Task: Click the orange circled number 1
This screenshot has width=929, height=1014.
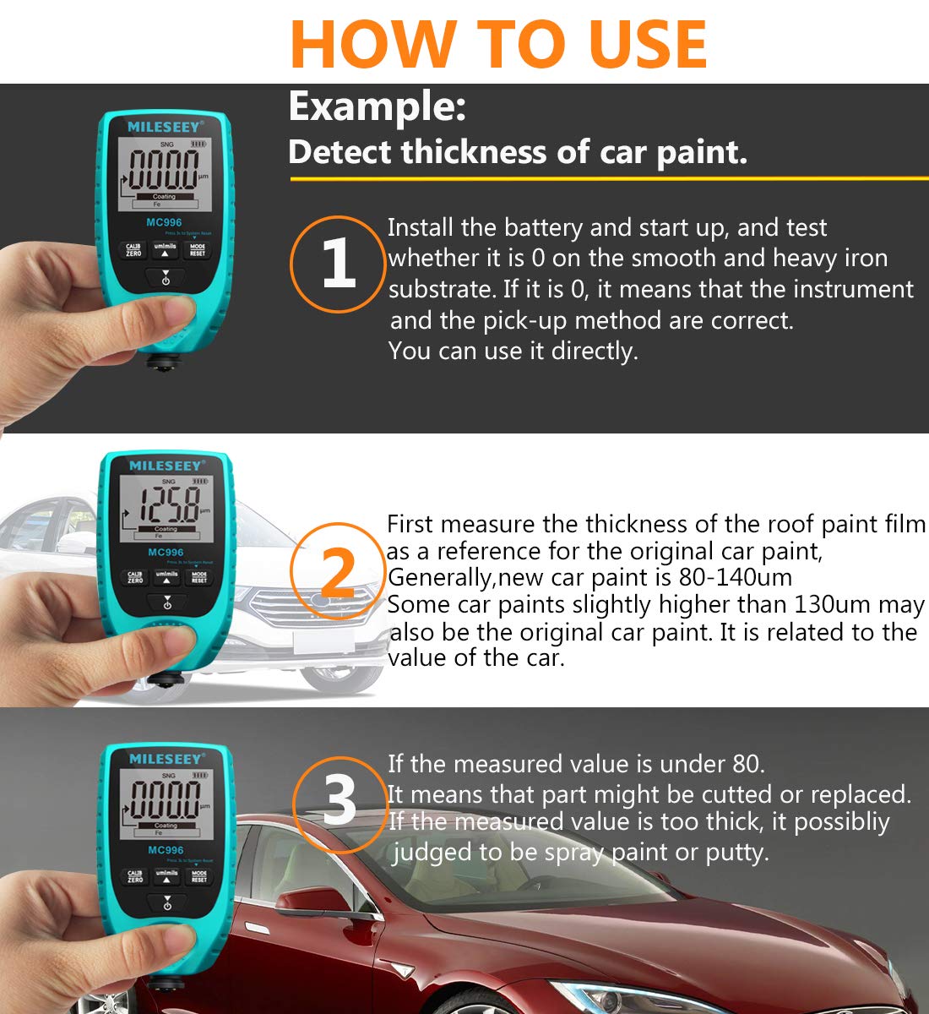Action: [339, 264]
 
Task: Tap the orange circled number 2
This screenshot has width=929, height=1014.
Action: [339, 573]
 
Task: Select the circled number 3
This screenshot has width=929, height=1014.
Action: [340, 801]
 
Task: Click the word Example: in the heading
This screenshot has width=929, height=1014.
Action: [377, 107]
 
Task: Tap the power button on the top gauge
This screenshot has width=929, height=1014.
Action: [166, 278]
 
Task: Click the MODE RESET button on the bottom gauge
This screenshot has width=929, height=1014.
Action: [198, 877]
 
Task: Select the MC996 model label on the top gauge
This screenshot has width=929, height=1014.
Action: [165, 223]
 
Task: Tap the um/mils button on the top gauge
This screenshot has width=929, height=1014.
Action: [166, 249]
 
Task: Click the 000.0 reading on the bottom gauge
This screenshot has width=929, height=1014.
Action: [166, 799]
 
